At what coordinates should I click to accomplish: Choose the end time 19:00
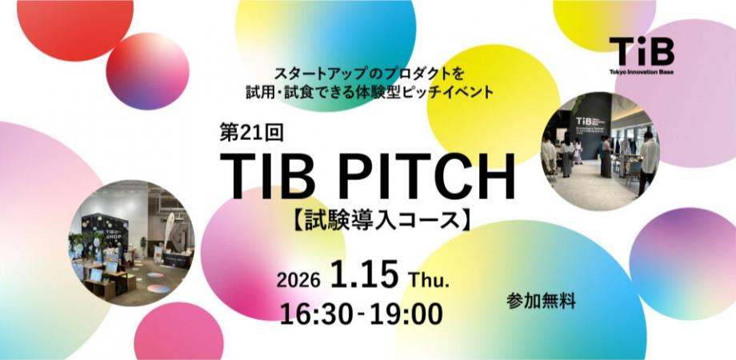pyautogui.click(x=403, y=314)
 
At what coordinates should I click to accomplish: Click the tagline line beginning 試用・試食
pyautogui.click(x=369, y=91)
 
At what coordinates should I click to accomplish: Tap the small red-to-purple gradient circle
pyautogui.click(x=148, y=71)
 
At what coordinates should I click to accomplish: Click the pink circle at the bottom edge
pyautogui.click(x=178, y=334)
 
